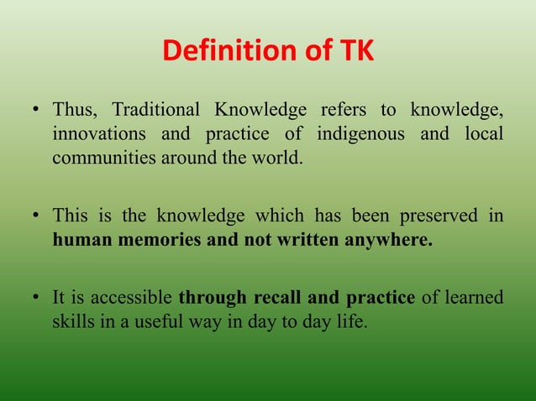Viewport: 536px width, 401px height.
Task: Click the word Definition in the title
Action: tap(216, 53)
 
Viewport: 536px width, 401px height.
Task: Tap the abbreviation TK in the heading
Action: tap(355, 53)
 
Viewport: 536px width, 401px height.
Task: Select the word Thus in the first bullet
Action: tap(73, 111)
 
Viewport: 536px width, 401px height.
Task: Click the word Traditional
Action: tap(156, 111)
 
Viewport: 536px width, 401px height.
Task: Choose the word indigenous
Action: tap(359, 134)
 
